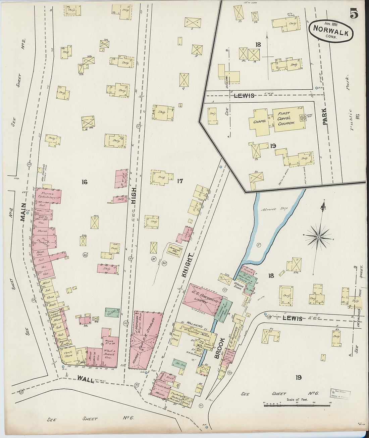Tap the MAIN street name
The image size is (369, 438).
pyautogui.click(x=23, y=213)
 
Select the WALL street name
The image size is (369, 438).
pyautogui.click(x=86, y=378)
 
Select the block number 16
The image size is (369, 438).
pyautogui.click(x=84, y=182)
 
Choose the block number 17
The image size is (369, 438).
pyautogui.click(x=180, y=181)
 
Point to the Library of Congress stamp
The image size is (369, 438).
pyautogui.click(x=340, y=393)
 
